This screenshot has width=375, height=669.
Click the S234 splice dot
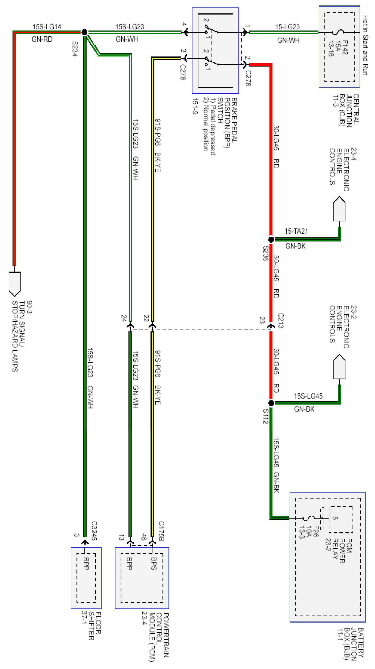84,32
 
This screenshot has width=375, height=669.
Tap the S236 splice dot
271,239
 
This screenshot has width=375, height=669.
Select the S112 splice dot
271,403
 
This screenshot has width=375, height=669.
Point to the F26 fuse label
315,531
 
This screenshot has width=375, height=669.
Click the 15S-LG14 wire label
47,27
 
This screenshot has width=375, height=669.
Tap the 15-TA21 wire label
296,231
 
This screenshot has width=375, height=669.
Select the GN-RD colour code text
42,39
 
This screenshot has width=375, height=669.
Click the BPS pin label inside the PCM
154,564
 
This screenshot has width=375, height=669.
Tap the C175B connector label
161,531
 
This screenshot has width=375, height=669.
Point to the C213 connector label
281,321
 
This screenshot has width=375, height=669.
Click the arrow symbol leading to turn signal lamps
15,284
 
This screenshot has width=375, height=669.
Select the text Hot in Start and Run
365,45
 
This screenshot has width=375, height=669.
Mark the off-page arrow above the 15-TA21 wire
339,209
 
